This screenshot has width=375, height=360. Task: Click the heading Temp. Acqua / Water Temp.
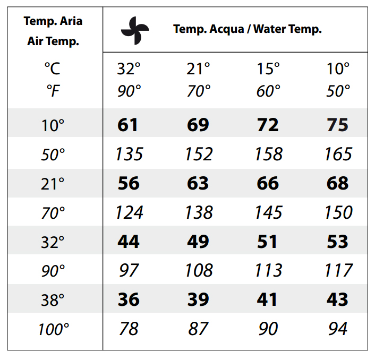pos(248,29)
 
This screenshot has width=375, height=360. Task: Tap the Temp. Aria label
pos(53,22)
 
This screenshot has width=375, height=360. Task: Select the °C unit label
pos(53,69)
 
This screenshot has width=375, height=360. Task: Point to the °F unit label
pos(53,91)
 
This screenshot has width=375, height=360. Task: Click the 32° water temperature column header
pos(129,69)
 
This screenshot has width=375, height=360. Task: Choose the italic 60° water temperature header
pos(268,91)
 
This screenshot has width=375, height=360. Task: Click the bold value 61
pos(128,125)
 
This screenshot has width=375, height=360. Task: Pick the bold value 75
pos(337,125)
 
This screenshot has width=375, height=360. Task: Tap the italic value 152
pos(199,155)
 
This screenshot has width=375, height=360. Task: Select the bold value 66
pos(268,184)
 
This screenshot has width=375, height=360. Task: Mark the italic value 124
pos(129,213)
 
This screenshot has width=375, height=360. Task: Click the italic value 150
pos(338,213)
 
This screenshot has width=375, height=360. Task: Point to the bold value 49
pos(198,242)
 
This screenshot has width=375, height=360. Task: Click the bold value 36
pos(128,300)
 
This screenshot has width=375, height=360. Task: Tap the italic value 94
pos(337,329)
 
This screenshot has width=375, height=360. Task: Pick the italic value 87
pos(198,329)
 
